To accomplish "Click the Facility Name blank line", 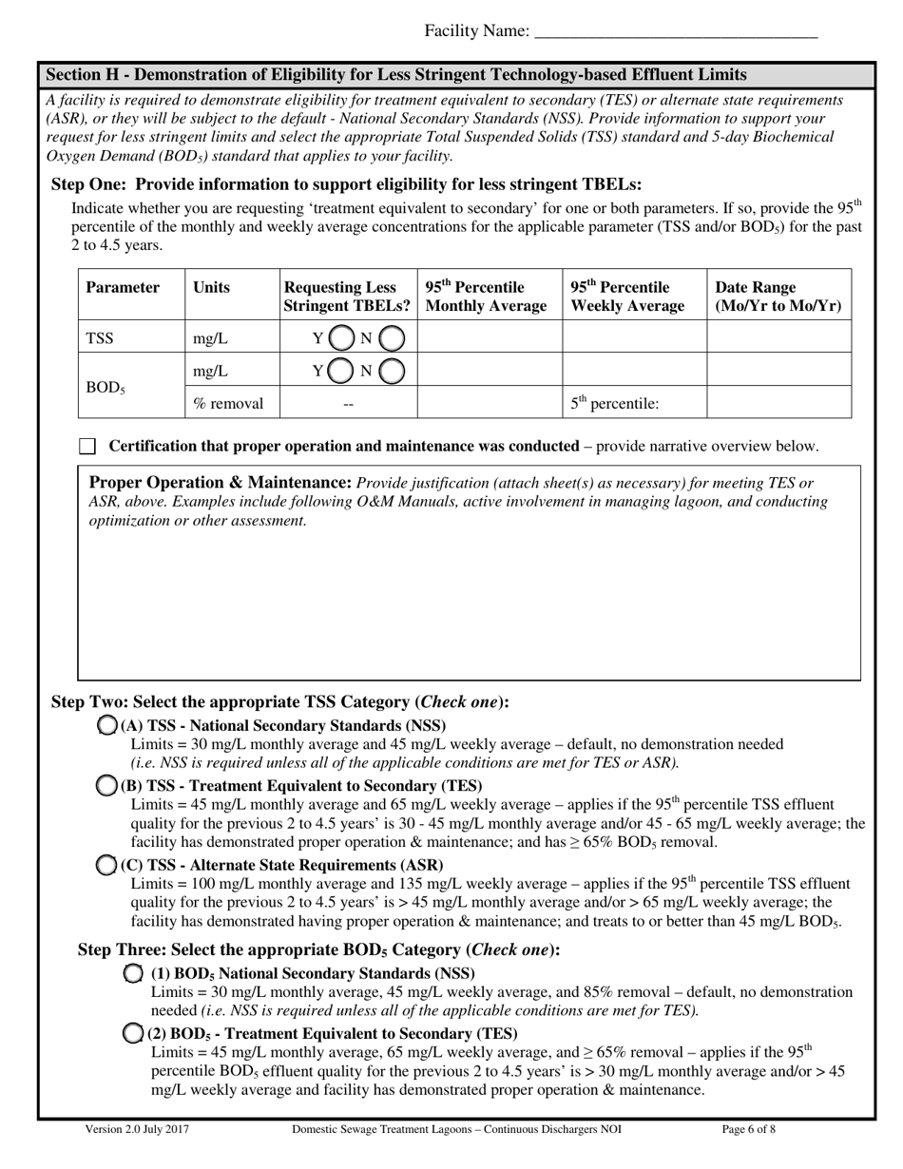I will point(676,32).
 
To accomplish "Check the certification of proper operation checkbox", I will point(87,447).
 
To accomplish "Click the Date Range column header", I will point(778,297).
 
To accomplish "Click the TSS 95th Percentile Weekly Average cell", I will point(634,338).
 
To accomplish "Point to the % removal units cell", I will point(228,404).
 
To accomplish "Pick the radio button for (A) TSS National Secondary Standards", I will point(107,725).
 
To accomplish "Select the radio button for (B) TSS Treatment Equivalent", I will point(107,785).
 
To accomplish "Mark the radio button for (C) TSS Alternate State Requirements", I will point(107,865).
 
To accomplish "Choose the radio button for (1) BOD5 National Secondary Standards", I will point(134,973).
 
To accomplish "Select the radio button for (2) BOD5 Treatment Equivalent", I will point(134,1033).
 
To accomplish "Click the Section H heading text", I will point(395,75).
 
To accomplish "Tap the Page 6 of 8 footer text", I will point(750,1130).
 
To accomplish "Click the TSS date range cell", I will point(778,338).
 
